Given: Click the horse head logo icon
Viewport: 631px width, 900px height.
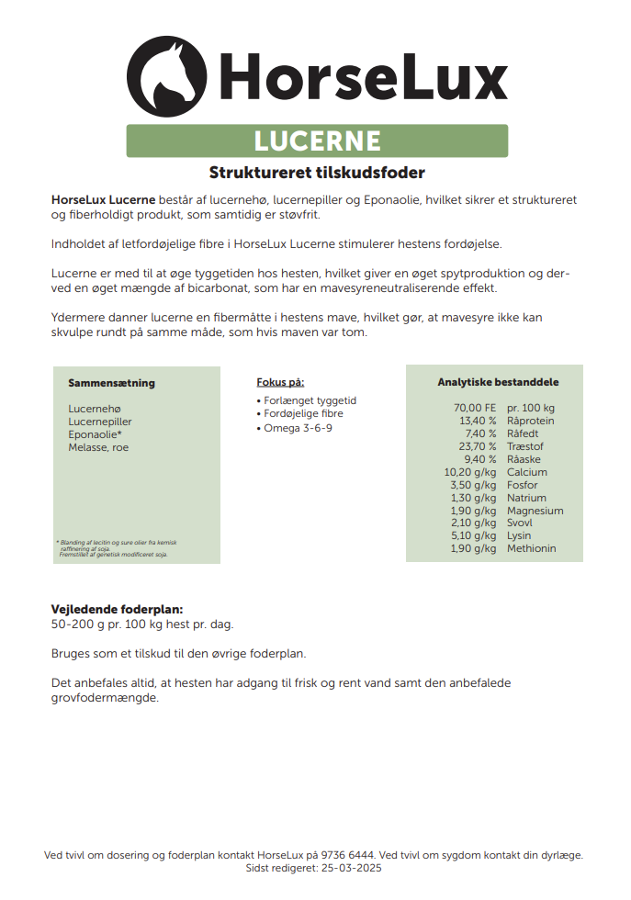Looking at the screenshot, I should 167,77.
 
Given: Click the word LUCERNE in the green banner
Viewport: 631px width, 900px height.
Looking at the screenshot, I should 317,141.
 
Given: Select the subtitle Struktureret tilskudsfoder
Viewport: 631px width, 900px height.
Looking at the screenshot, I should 317,173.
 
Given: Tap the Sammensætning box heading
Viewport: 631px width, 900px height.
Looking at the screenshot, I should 111,383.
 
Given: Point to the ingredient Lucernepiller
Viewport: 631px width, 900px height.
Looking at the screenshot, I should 99,422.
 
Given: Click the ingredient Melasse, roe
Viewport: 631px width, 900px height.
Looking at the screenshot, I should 98,447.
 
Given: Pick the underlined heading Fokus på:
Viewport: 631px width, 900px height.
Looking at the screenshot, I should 280,383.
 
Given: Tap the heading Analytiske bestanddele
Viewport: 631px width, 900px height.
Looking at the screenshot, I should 498,383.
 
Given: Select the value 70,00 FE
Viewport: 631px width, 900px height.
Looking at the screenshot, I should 474,408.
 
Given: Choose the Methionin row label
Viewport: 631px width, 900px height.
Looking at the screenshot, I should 531,548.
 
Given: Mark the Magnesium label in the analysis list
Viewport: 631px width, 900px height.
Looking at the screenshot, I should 535,511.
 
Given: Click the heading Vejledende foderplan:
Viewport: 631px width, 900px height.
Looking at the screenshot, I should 117,610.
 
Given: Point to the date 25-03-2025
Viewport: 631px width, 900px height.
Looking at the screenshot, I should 350,868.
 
